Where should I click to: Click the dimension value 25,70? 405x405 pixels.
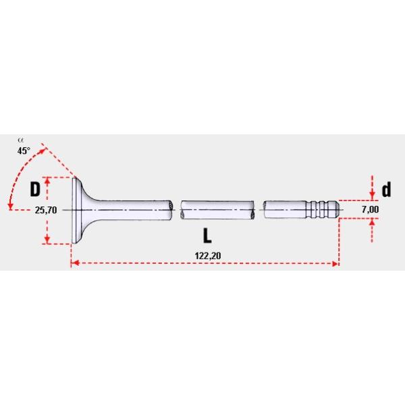[x=45, y=210]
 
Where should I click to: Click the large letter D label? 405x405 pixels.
[x=35, y=190]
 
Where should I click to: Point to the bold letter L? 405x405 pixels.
[x=207, y=236]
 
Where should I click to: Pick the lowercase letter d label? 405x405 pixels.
[x=385, y=190]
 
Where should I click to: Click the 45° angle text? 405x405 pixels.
[x=24, y=151]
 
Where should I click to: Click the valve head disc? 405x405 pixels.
[x=76, y=210]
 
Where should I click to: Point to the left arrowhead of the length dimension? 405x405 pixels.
[x=74, y=264]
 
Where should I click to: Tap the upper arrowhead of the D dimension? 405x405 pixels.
[x=48, y=182]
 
